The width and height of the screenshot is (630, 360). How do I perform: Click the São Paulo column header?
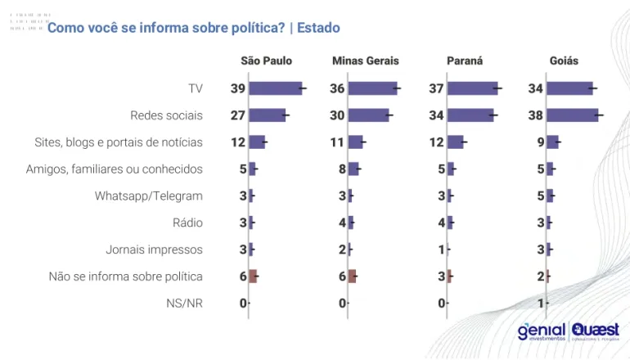pos(266,61)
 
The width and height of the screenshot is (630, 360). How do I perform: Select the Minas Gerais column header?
pos(364,61)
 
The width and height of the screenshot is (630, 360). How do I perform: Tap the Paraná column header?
pos(465,61)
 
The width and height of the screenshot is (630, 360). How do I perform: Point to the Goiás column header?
pos(564,61)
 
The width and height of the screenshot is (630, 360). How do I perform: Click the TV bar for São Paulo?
pos(275,88)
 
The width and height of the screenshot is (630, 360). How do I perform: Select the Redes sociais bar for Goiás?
pos(572,115)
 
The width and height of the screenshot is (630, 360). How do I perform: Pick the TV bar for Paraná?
pos(473,88)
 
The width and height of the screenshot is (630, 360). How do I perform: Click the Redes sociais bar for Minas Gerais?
pos(368,115)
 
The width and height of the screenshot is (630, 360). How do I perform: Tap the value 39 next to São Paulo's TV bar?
pos(237,88)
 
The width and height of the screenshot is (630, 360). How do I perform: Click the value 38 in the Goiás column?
pos(536,115)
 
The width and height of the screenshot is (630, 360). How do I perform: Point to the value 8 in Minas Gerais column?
pos(342,169)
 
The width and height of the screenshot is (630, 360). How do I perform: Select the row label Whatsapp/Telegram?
pos(148,196)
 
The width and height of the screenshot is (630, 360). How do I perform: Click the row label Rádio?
pos(187,223)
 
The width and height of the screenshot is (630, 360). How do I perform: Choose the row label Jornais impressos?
pos(154,250)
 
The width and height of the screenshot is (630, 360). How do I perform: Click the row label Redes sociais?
pos(166,115)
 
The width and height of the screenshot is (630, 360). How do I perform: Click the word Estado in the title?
pos(318,28)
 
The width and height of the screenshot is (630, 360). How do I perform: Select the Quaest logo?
pos(595,331)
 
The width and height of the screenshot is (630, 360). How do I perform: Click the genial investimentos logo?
pos(540,331)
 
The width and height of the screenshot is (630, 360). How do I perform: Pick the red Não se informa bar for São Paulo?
pos(253,277)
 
